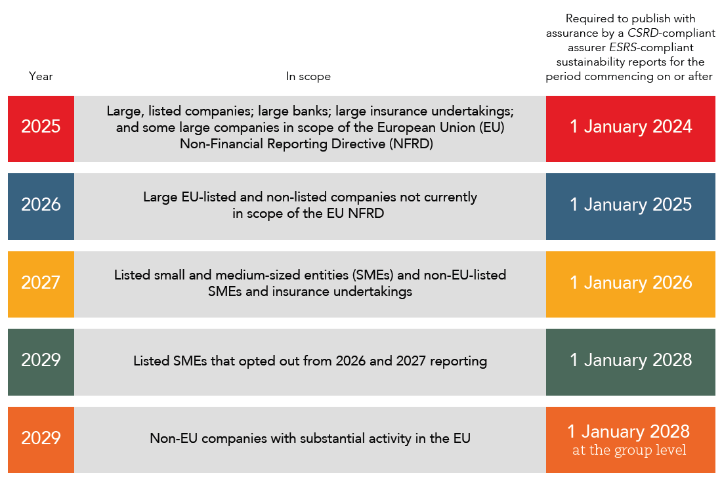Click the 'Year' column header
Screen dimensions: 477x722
(41, 76)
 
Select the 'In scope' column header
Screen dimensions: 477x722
(308, 76)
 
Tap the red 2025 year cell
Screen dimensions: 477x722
(41, 127)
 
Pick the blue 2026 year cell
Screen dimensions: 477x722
(41, 205)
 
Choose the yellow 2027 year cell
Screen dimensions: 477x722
(41, 283)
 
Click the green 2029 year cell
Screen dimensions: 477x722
(41, 360)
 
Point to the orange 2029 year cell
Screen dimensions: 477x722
(41, 438)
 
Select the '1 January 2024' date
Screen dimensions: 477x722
(630, 127)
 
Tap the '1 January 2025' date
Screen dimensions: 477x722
(630, 205)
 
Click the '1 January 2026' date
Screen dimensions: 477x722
(630, 283)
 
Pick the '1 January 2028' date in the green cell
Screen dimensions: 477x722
(630, 360)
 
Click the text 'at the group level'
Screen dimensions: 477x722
(629, 451)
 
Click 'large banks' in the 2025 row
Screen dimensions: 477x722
(295, 111)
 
